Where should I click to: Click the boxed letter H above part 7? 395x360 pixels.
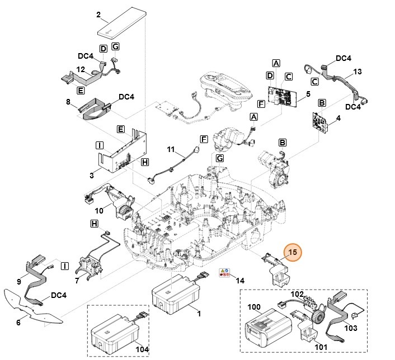click(x=95, y=224)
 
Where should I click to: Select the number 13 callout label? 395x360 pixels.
click(x=358, y=72)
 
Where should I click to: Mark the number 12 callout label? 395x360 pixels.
click(x=81, y=69)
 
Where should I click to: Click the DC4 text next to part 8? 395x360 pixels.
click(x=126, y=97)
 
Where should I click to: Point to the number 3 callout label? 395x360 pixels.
click(x=91, y=176)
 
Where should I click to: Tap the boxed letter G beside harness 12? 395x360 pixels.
click(x=115, y=46)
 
